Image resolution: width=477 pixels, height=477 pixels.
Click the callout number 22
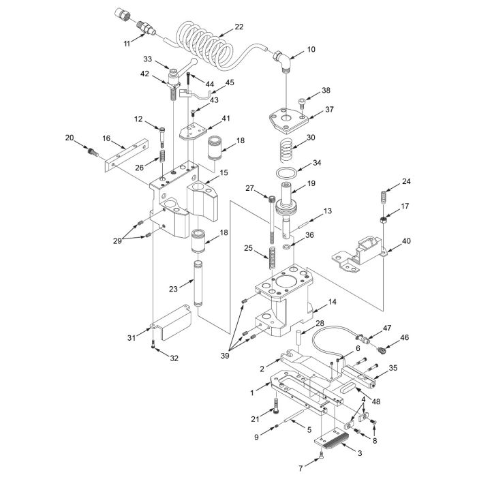coord(238,27)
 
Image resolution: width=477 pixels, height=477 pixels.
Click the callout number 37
coord(329,109)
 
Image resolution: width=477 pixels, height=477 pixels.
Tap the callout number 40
coord(407,241)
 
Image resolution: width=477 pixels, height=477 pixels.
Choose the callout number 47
coord(386,327)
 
